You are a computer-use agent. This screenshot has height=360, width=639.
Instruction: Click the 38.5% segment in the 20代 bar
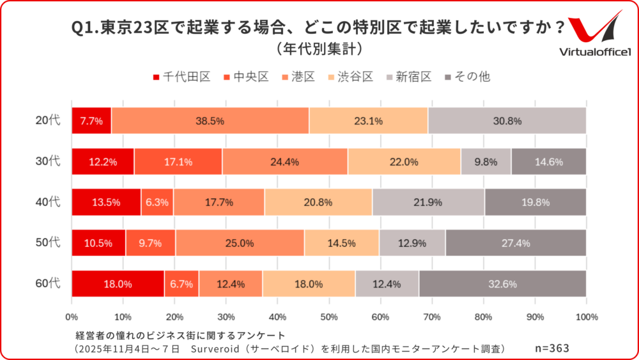210,120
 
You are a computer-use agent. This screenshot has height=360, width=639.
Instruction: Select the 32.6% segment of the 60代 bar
502,283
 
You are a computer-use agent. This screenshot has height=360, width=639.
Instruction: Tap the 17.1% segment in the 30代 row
178,161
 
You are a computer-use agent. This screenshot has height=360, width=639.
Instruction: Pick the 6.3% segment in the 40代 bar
157,202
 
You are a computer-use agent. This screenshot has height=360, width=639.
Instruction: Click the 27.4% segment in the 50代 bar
516,243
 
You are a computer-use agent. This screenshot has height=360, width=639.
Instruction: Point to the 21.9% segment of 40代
429,202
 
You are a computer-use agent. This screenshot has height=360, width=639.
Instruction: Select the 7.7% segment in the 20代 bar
91,120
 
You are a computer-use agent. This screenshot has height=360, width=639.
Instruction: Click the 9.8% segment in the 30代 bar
486,161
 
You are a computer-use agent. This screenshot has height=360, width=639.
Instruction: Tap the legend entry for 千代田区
181,77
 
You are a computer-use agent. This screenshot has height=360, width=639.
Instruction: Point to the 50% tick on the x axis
329,317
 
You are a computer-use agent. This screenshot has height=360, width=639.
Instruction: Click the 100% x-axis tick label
586,317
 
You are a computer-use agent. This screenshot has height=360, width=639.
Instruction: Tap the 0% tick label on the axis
72,317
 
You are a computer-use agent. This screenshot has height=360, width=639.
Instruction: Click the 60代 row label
48,283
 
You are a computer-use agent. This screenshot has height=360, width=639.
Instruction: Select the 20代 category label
48,120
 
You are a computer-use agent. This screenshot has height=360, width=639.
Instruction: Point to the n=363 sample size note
551,348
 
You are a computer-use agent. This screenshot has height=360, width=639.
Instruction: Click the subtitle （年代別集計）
319,49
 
